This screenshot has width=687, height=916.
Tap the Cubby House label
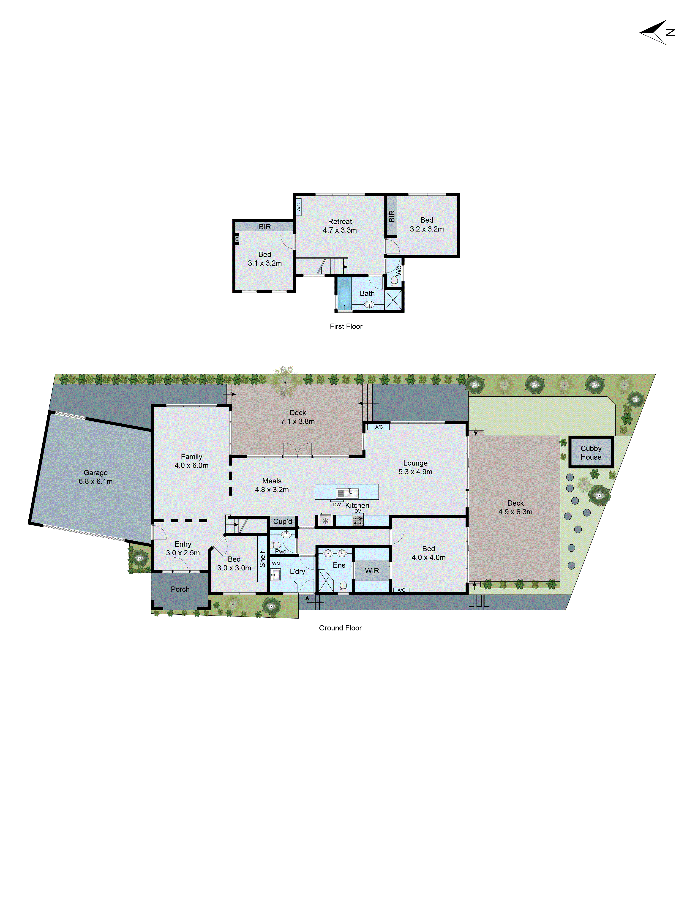pos(591,452)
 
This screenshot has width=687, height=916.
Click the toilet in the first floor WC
pos(394,282)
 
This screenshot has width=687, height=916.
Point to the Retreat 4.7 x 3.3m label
pos(340,226)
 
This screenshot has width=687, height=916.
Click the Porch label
pos(180,589)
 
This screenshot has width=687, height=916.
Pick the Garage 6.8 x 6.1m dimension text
pos(96,481)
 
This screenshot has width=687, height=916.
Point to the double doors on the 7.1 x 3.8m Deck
pos(297,450)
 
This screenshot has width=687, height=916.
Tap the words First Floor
pos(346,326)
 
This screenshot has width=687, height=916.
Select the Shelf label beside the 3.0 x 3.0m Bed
pos(262,559)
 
